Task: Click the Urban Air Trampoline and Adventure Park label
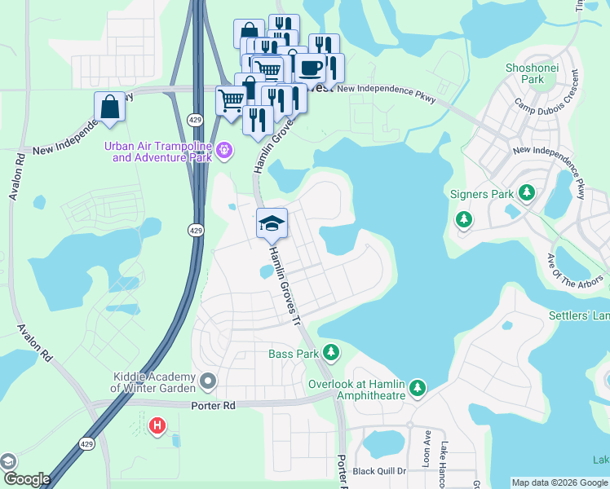tap(157, 152)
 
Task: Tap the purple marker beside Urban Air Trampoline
tap(226, 150)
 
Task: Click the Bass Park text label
tap(293, 354)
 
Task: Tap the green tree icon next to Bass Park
tap(330, 352)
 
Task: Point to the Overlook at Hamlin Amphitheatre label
tap(356, 390)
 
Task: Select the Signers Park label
tap(482, 194)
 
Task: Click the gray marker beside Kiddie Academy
tap(209, 381)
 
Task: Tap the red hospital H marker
tap(157, 425)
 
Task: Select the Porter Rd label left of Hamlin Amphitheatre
tap(213, 405)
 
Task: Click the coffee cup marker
tap(310, 68)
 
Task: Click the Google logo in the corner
tap(26, 479)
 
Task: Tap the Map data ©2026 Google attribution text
tap(559, 482)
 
